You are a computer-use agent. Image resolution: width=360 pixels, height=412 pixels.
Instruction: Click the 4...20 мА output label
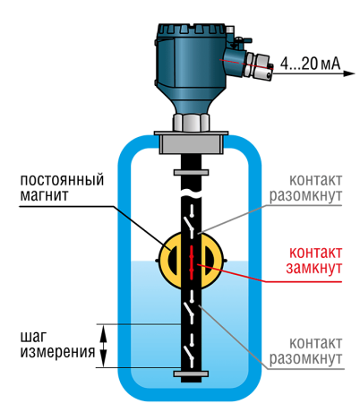tap(310, 64)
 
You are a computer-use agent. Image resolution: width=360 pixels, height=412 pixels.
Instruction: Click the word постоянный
tap(62, 180)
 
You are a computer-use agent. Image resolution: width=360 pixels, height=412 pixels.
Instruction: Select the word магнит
tap(44, 195)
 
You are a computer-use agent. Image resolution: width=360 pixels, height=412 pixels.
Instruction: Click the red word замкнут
tap(313, 268)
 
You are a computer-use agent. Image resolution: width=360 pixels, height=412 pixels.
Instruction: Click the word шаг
tap(33, 338)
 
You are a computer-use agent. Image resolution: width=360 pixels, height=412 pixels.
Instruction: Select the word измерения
tap(57, 352)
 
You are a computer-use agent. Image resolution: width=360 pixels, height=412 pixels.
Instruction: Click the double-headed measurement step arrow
tap(103, 346)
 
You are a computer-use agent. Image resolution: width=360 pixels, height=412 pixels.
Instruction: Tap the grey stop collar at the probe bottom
tap(191, 373)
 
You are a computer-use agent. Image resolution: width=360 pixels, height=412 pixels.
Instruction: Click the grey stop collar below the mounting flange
tap(191, 172)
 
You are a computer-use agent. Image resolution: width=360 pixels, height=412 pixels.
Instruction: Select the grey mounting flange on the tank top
tap(191, 142)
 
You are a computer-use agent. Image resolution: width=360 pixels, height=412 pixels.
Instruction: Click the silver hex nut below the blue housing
tap(191, 122)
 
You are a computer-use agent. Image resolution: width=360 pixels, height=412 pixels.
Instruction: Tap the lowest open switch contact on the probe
tap(189, 352)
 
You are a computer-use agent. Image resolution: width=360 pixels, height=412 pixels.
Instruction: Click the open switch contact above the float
tap(189, 221)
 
